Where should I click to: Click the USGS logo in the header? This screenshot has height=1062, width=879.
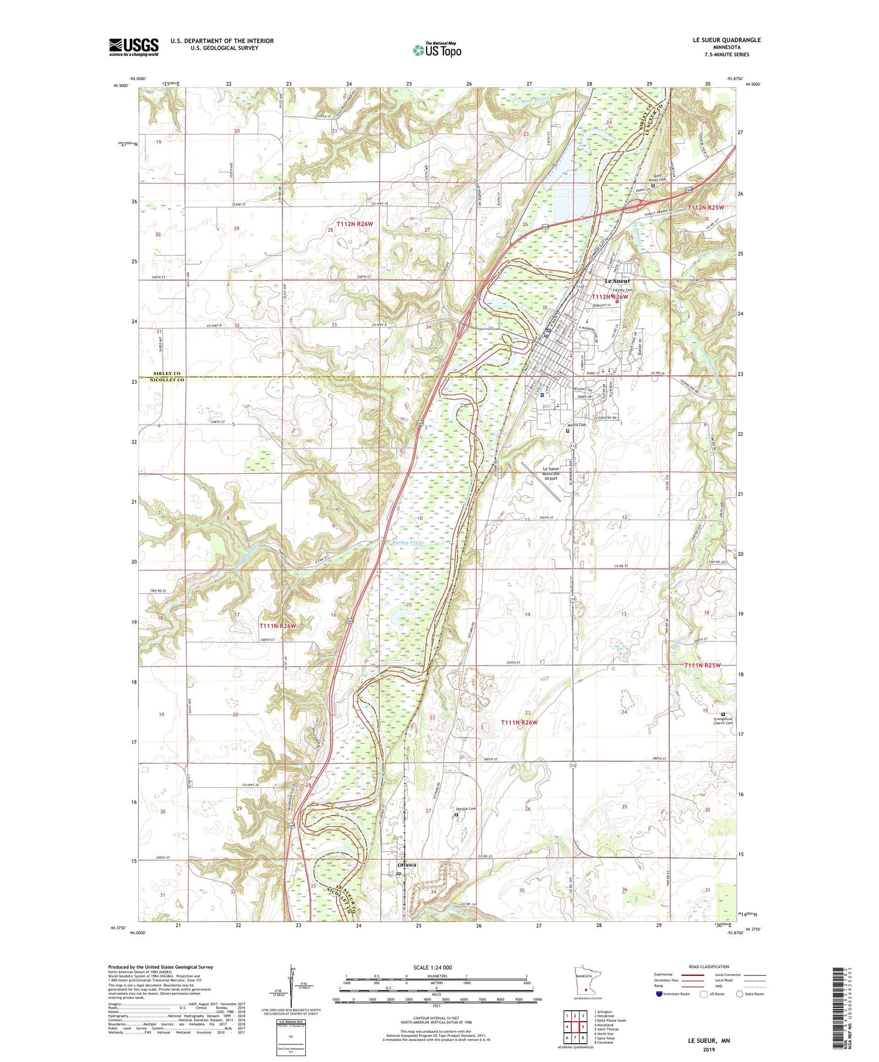134,47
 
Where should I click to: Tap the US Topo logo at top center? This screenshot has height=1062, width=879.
437,50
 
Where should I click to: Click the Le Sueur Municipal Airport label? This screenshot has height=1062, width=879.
550,473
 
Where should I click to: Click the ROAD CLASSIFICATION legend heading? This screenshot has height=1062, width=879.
709,967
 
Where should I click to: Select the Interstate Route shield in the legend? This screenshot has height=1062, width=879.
659,993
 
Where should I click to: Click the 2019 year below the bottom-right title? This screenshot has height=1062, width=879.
708,1050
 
